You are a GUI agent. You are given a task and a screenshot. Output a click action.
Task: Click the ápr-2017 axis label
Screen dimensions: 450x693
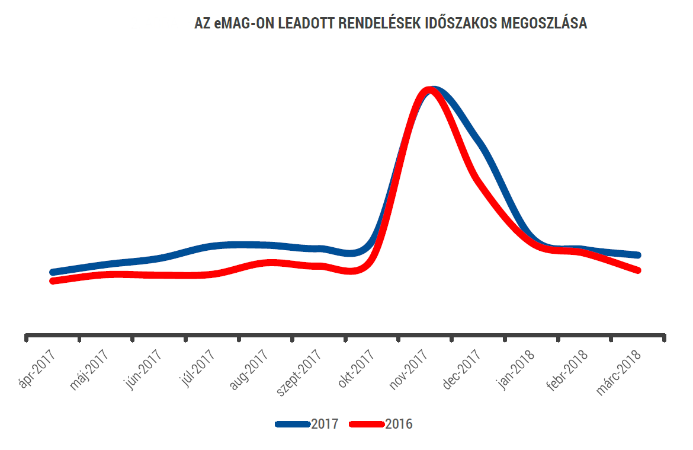tap(37, 368)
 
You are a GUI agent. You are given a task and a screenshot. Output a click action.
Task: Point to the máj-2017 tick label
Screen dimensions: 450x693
tap(89, 369)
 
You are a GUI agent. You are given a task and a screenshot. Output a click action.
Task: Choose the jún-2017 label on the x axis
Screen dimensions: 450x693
tap(143, 369)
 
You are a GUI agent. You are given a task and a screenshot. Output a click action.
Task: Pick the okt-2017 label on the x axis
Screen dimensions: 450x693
tap(356, 368)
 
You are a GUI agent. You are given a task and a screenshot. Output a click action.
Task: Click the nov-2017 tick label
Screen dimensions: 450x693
tap(408, 369)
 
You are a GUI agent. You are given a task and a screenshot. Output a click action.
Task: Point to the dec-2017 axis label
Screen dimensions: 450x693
tap(462, 369)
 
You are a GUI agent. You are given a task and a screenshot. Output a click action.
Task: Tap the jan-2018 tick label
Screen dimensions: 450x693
tap(516, 369)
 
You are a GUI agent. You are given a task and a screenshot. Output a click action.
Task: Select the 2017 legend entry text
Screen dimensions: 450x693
tap(325, 425)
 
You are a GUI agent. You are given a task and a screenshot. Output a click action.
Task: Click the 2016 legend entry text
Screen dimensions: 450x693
tap(399, 425)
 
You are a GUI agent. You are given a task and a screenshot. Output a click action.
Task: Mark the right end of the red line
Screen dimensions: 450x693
tap(638, 270)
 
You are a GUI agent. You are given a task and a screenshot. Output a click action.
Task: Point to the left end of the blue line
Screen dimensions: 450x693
tap(53, 272)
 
